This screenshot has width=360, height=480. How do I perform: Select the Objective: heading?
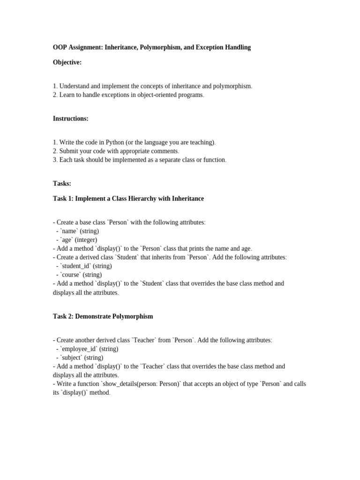coord(67,62)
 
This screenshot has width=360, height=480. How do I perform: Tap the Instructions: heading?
coord(70,119)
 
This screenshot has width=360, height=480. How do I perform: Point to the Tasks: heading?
coord(62,183)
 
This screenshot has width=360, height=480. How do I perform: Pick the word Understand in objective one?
coord(75,86)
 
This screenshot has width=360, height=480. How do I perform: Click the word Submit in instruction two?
coord(69,151)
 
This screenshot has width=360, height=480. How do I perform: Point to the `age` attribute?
coord(67,240)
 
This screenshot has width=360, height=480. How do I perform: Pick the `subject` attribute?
coord(71,358)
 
